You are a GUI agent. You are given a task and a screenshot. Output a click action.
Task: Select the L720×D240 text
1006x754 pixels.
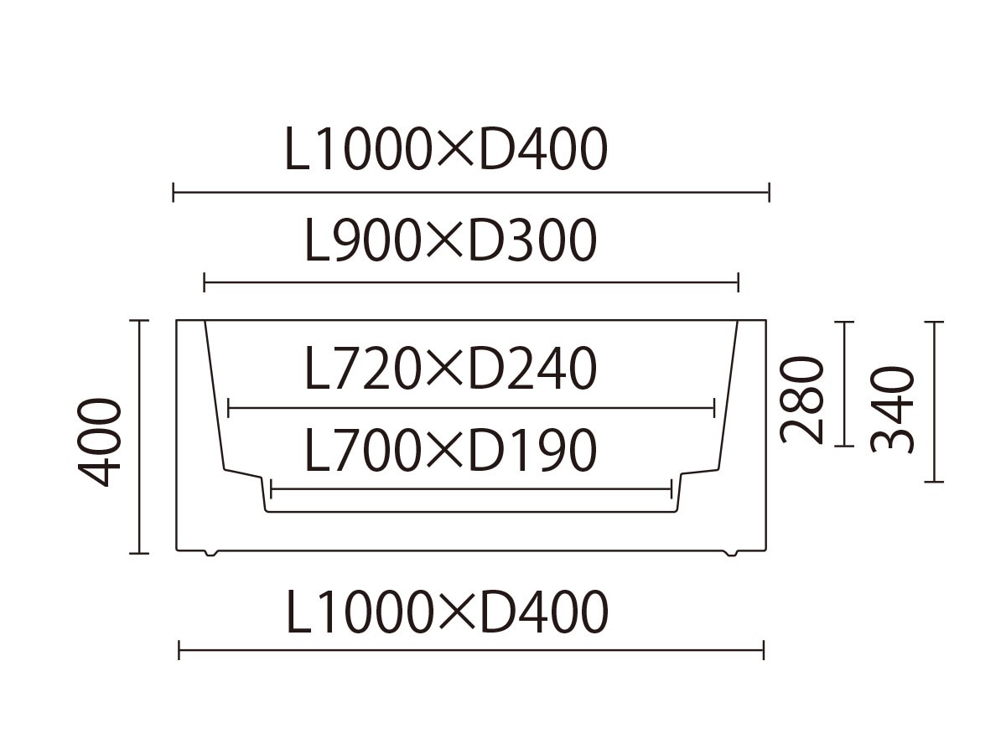[x=450, y=369]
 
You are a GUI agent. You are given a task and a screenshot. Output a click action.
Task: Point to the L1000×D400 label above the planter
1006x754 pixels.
[x=446, y=151]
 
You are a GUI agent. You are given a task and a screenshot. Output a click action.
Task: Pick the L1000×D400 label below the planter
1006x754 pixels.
[x=448, y=612]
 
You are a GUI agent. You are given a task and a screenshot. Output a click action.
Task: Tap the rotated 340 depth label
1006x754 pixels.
[x=892, y=409]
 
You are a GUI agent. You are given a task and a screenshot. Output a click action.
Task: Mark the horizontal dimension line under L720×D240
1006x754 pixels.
[x=470, y=409]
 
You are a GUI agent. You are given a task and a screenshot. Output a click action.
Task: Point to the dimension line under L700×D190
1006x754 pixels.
[x=470, y=488]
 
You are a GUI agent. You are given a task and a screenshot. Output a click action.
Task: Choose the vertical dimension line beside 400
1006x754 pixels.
[x=139, y=436]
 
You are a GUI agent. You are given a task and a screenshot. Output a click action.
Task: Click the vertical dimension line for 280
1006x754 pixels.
[x=845, y=384]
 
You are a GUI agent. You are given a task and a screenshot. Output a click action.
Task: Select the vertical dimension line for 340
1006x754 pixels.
[x=934, y=402]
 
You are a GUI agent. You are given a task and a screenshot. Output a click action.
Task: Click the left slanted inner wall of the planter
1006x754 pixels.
[x=215, y=394]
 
